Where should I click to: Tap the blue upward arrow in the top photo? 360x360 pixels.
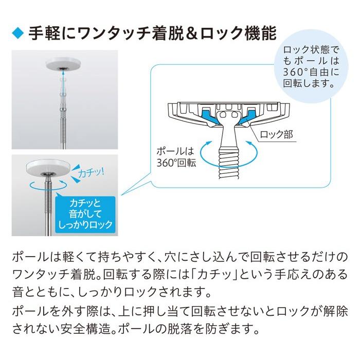63,80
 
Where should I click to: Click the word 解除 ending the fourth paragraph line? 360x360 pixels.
335,310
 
